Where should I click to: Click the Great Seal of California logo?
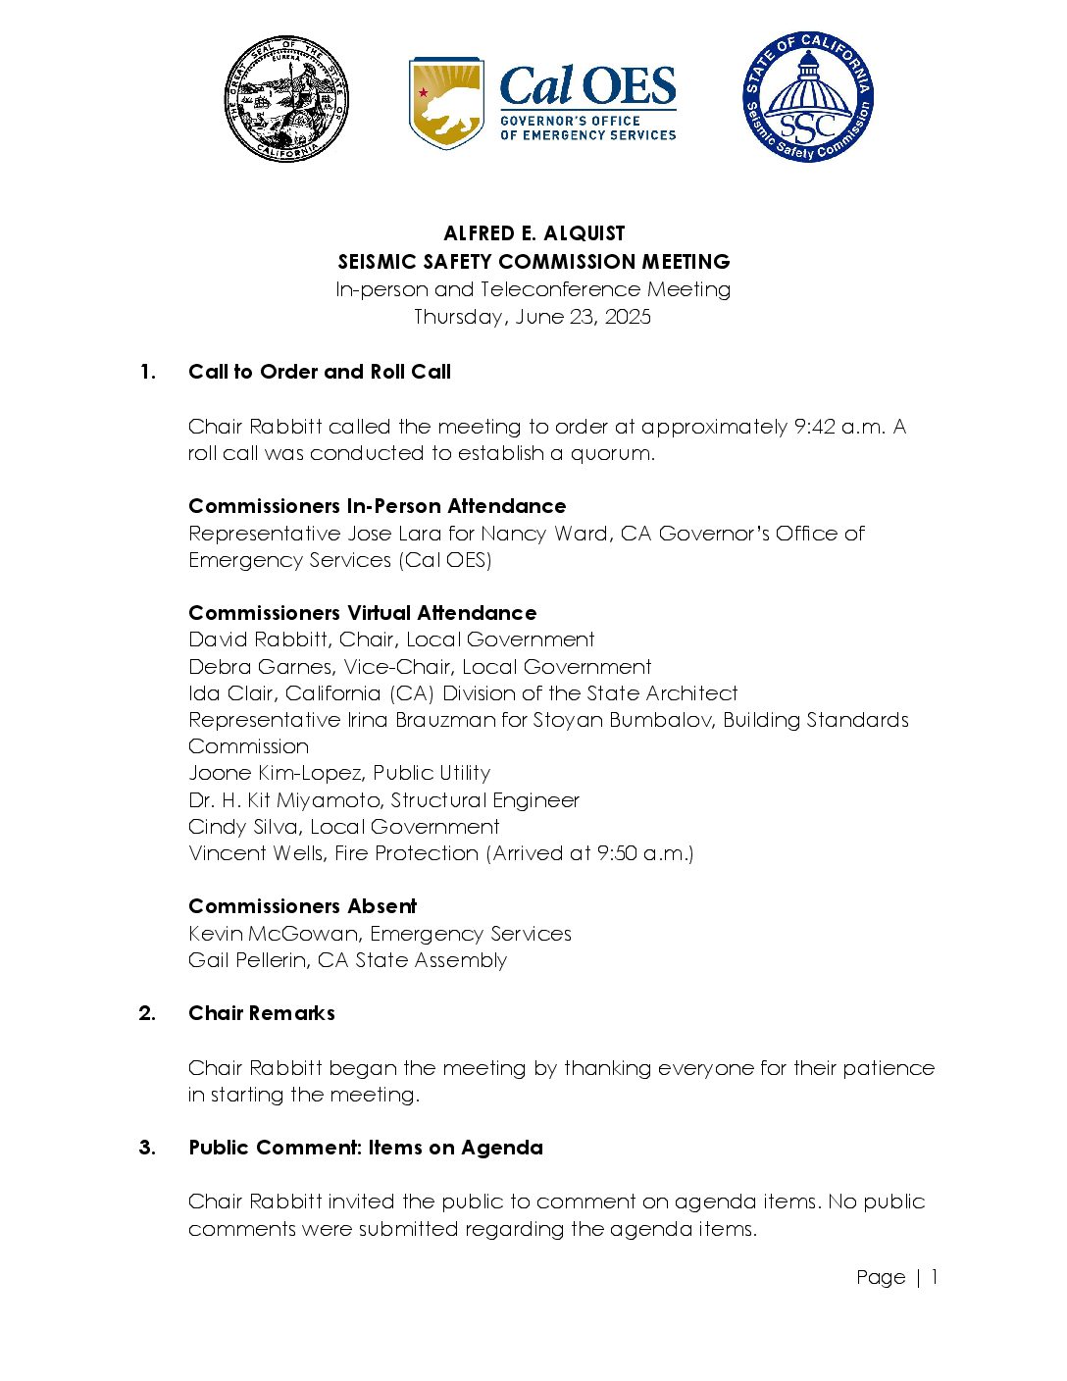286,99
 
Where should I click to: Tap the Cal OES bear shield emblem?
446,102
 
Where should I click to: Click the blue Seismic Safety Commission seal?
807,97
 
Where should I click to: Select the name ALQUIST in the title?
584,233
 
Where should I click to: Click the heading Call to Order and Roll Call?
320,372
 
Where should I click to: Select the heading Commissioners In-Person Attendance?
378,506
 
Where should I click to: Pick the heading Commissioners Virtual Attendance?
363,613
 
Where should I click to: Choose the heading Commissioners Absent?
303,906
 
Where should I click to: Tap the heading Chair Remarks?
262,1013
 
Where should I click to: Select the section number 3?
146,1148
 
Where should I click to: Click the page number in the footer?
935,1277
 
